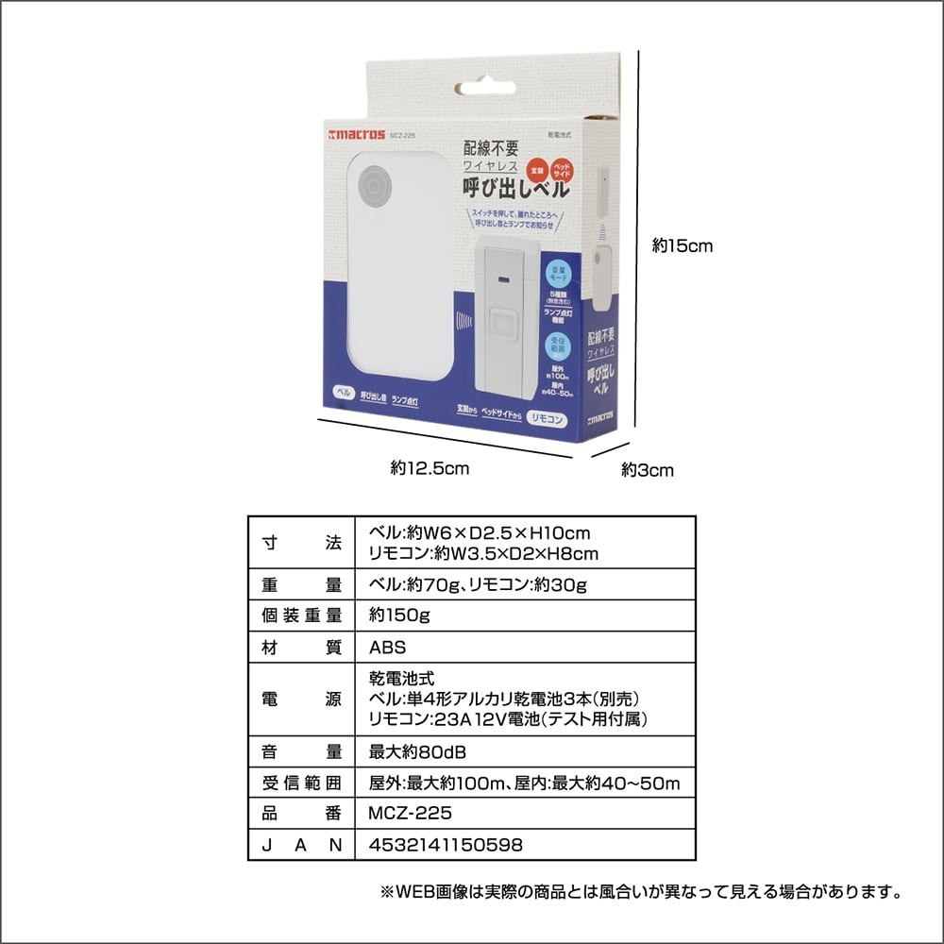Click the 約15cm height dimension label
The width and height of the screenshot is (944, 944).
(x=682, y=246)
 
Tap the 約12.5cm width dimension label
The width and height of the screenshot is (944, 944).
(x=430, y=467)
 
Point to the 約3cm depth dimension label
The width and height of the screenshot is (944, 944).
(x=648, y=470)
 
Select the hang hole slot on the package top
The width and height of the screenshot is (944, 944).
(x=487, y=88)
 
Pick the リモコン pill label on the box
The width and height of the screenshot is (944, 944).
(x=548, y=418)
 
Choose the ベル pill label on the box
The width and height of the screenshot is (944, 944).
(x=344, y=391)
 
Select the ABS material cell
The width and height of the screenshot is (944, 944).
(x=388, y=648)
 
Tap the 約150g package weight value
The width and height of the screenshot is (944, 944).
(x=399, y=615)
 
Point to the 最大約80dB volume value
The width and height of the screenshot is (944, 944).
(x=418, y=752)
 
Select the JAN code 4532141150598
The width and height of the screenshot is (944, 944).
(x=446, y=845)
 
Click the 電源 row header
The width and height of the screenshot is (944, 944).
(x=301, y=700)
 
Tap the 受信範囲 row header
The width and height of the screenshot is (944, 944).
(x=301, y=783)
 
